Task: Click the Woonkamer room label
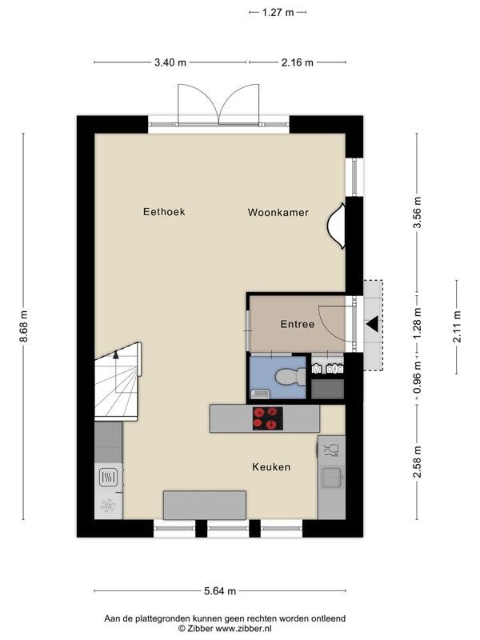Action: (x=278, y=213)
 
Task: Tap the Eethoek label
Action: (x=164, y=212)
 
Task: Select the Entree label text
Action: (x=298, y=324)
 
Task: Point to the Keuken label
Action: (x=271, y=467)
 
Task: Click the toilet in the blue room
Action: (x=290, y=376)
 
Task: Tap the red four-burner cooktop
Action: (x=268, y=418)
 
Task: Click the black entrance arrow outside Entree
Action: (x=372, y=325)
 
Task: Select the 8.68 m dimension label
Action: (x=24, y=326)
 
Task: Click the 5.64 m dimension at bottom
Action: (x=220, y=590)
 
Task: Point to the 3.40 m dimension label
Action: (x=170, y=62)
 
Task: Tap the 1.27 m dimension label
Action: (x=278, y=13)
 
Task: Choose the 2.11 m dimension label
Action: (x=457, y=327)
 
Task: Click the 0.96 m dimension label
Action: (x=417, y=378)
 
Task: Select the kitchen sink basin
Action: (x=331, y=478)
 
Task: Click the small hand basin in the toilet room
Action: (x=260, y=394)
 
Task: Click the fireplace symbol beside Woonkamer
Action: (x=337, y=226)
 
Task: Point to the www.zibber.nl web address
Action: (x=243, y=629)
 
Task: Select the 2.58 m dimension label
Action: (x=417, y=462)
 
